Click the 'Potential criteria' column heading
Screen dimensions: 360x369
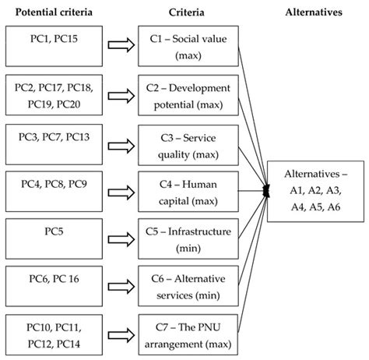click(49, 11)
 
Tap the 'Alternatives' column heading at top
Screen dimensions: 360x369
click(318, 11)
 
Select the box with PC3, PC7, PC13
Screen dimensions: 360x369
click(50, 141)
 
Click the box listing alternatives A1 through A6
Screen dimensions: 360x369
click(317, 189)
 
